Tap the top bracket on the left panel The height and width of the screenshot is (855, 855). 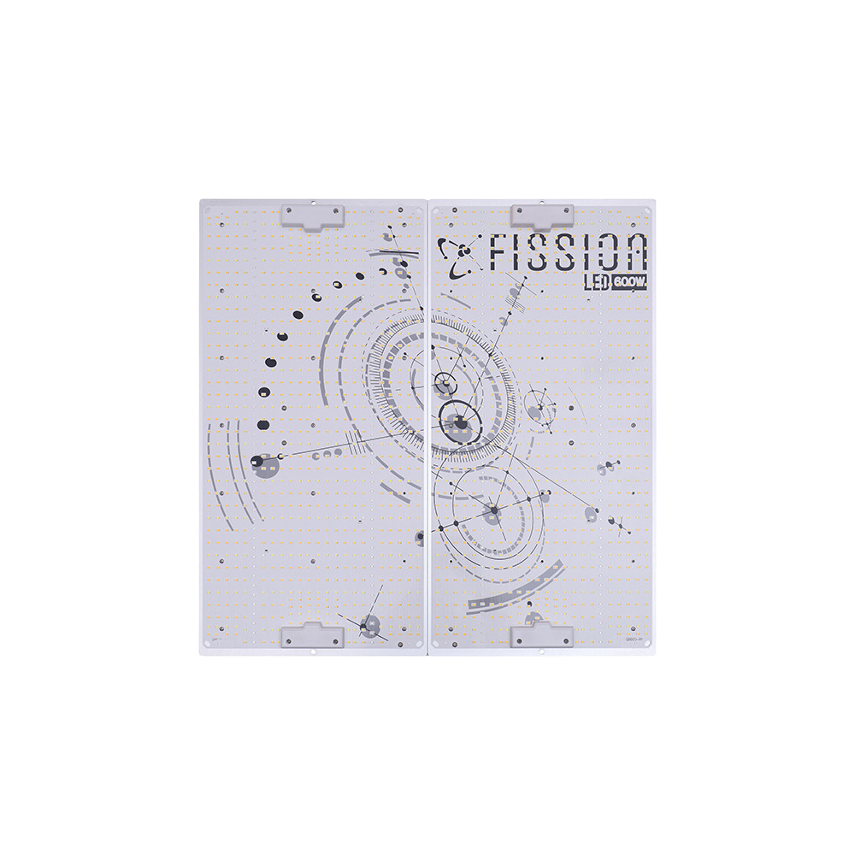(313, 215)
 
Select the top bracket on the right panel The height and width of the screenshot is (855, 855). (541, 215)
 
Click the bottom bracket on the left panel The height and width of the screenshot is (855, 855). (313, 635)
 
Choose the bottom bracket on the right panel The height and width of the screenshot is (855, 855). (541, 635)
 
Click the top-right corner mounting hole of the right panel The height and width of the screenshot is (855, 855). (648, 210)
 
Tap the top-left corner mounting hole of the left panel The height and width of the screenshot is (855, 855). (206, 209)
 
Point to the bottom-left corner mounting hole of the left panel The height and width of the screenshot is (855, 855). (206, 649)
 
